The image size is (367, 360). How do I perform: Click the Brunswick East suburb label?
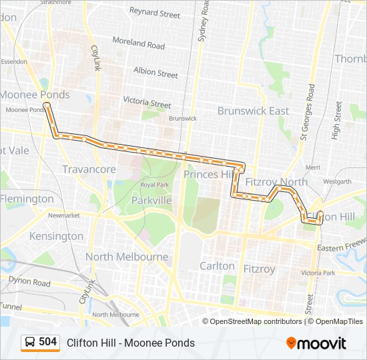tap(253, 111)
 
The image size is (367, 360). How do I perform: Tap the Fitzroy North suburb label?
tap(276, 181)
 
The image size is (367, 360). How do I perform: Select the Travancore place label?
tap(89, 169)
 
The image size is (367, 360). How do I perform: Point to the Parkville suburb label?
tap(151, 200)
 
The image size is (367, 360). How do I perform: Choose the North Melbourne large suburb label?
tap(127, 257)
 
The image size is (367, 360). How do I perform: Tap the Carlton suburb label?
tap(218, 265)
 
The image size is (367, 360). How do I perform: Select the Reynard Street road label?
tap(155, 13)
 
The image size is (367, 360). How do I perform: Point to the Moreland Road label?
tap(138, 43)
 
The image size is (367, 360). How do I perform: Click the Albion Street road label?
tap(155, 73)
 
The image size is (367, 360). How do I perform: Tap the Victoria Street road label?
tap(147, 103)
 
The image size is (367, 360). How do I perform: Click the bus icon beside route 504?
tap(30, 343)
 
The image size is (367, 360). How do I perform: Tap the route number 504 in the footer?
tap(48, 342)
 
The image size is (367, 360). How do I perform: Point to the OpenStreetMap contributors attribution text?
tap(256, 321)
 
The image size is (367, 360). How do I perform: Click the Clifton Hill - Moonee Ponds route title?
tap(131, 343)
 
